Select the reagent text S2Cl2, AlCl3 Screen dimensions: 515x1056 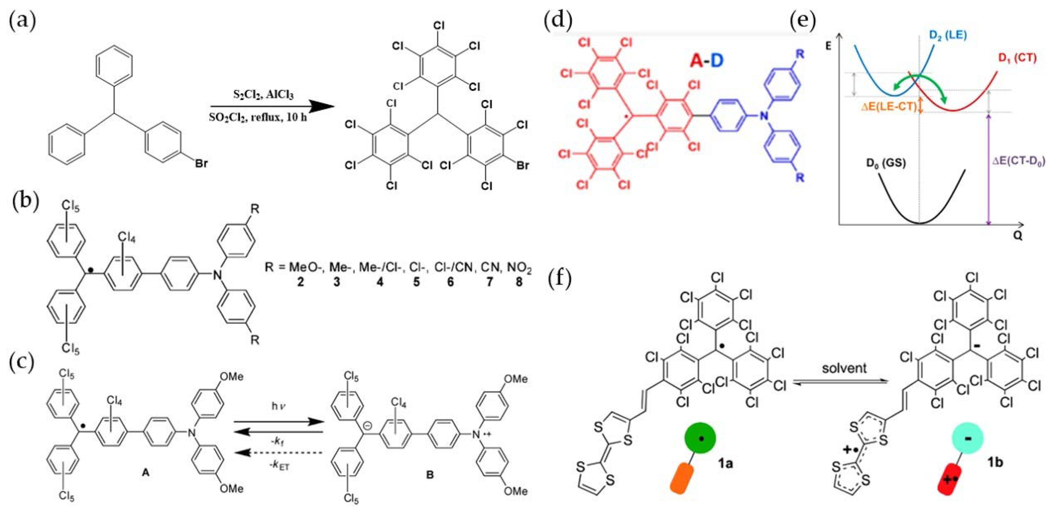click(x=263, y=95)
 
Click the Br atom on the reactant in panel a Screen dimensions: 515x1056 click(x=201, y=164)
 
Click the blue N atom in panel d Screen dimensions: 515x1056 click(x=764, y=116)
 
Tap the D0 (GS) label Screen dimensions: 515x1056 click(x=886, y=163)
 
